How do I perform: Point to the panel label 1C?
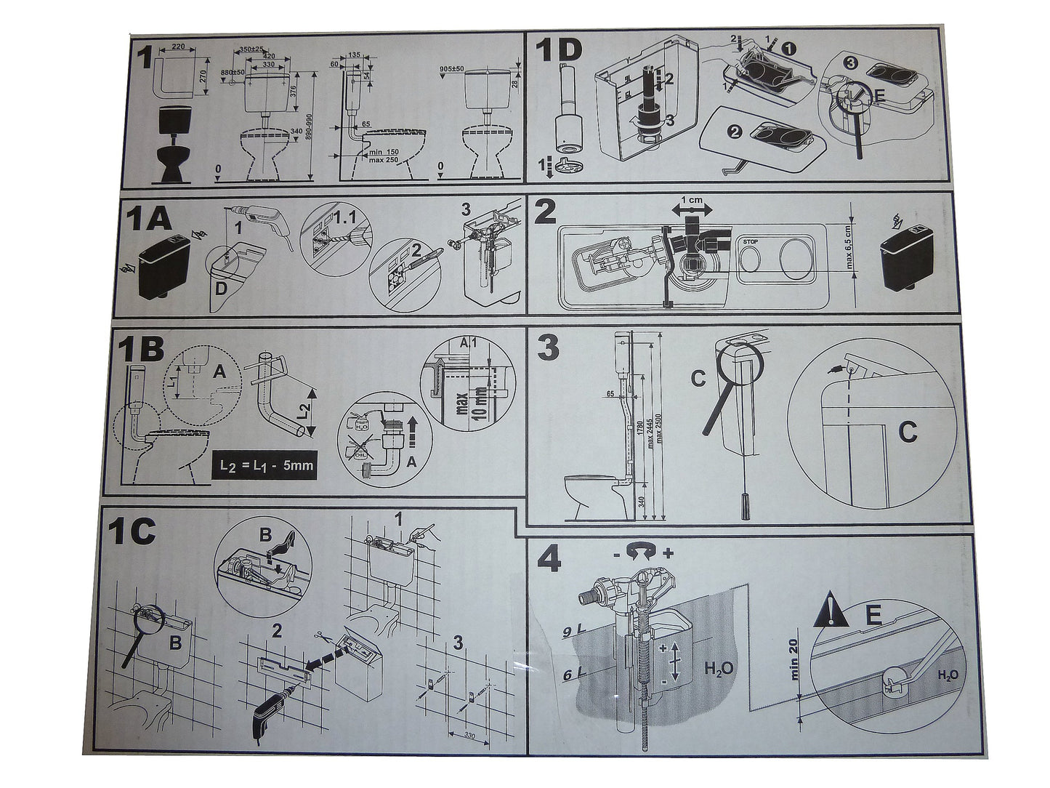tap(132, 532)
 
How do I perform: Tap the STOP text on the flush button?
tap(750, 241)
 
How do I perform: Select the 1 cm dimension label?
tap(694, 198)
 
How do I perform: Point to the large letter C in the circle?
tap(907, 433)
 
